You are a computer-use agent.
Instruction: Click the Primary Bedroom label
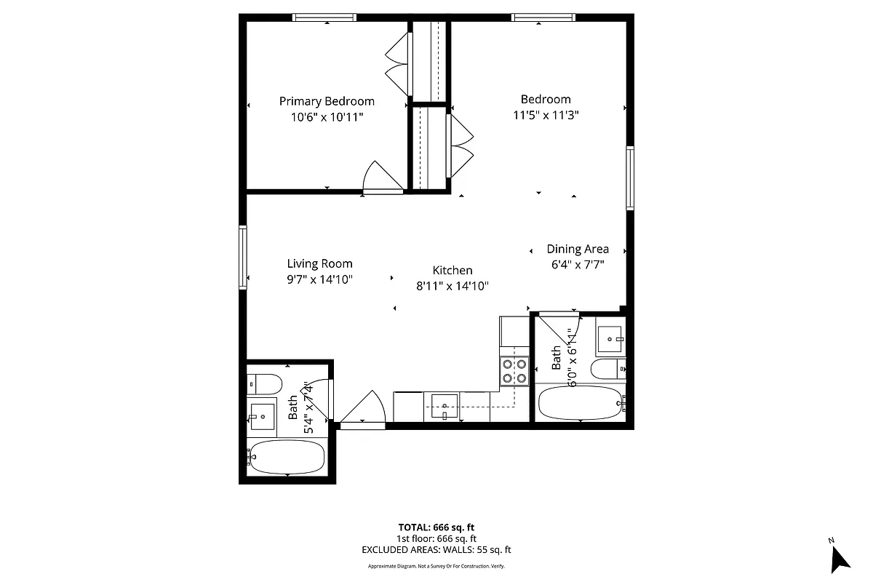[x=327, y=101]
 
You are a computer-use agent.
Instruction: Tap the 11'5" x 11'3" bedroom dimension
[x=545, y=114]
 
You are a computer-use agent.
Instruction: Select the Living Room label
[x=319, y=263]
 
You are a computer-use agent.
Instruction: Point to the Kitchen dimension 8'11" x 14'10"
[x=452, y=286]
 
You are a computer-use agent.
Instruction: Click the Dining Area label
[x=578, y=249]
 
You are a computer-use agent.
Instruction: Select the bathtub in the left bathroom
[x=286, y=457]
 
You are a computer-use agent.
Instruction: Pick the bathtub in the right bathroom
[x=579, y=402]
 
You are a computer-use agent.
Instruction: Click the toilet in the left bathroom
[x=264, y=383]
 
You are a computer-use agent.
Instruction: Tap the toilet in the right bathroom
[x=607, y=370]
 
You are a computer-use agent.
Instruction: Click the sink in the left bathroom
[x=262, y=415]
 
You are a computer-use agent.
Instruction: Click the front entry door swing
[x=364, y=408]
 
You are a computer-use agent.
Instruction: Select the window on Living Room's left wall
[x=243, y=258]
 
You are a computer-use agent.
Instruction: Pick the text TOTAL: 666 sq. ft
[x=436, y=527]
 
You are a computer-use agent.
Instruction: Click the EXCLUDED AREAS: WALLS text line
[x=436, y=550]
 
